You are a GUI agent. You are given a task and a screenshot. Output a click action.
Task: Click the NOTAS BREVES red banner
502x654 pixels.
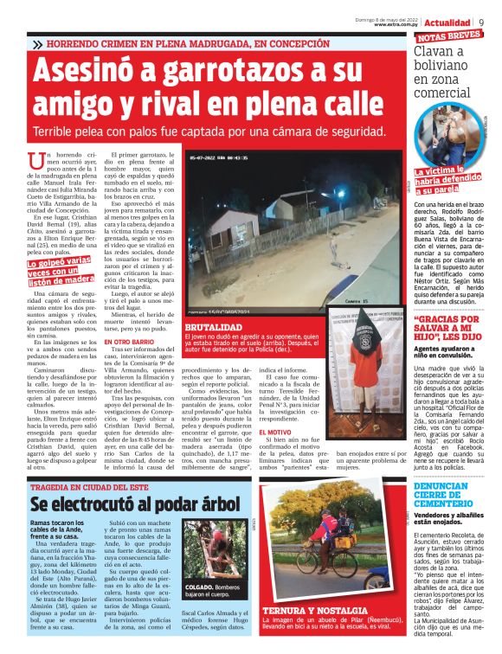pyautogui.click(x=449, y=37)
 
